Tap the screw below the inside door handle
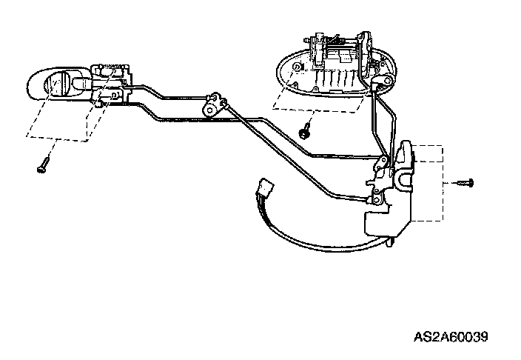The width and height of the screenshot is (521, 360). pyautogui.click(x=43, y=166)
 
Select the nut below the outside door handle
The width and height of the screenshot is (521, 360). pyautogui.click(x=304, y=133)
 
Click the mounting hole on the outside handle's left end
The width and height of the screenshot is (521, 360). pyautogui.click(x=296, y=68)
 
